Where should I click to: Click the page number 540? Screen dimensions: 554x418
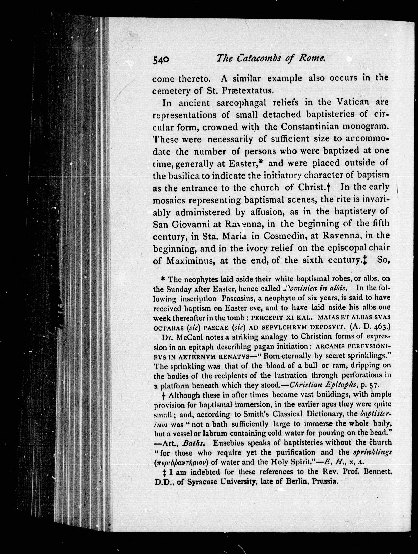(161, 60)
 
